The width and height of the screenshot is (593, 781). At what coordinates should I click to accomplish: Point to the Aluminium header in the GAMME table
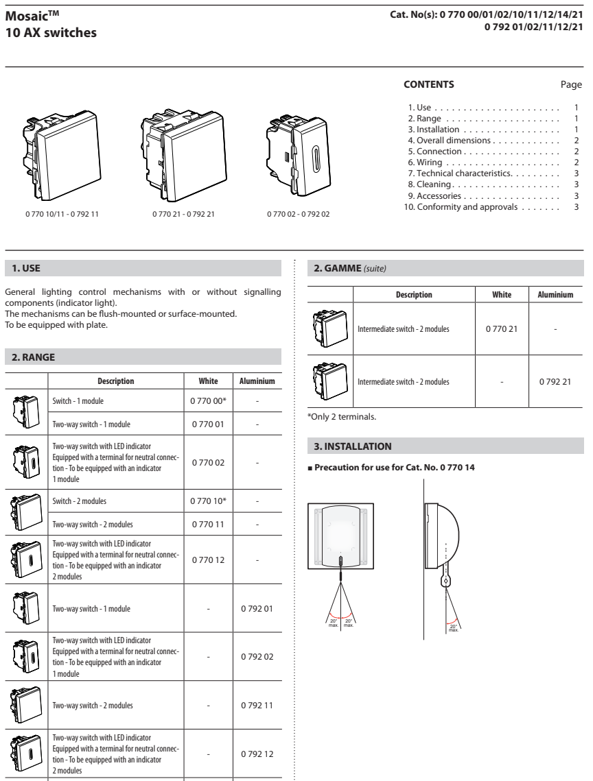(555, 294)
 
